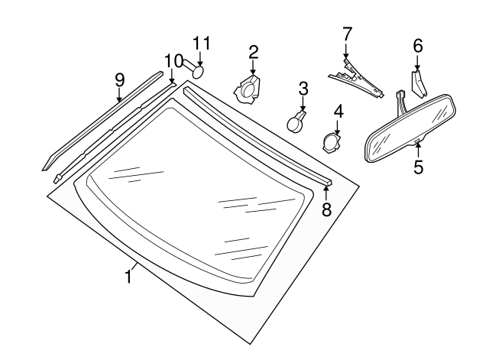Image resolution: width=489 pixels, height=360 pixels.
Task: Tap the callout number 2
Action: tap(253, 52)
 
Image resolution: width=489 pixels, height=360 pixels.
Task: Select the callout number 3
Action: tap(303, 88)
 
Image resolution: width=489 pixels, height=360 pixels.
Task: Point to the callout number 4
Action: tap(338, 111)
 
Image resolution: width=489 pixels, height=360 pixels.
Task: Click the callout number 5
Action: tap(418, 166)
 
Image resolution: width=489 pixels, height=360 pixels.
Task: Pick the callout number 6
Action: tap(418, 46)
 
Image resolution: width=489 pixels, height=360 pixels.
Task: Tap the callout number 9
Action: tap(119, 79)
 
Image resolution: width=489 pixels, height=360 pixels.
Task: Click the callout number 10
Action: tap(173, 60)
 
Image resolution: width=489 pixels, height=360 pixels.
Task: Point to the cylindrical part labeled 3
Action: tap(296, 120)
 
